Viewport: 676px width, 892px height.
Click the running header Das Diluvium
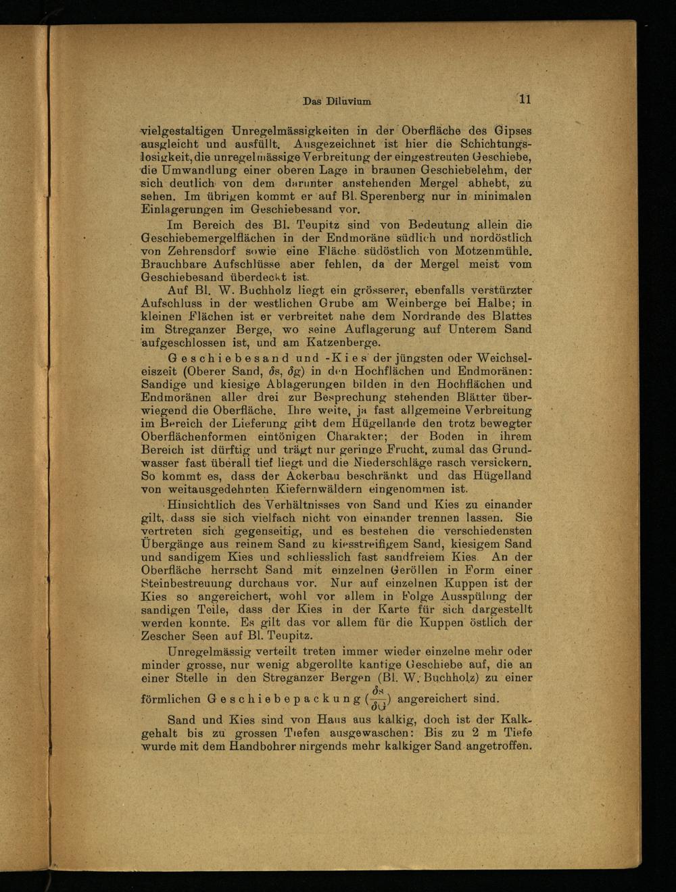(337, 101)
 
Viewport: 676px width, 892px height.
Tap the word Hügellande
(400, 423)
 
